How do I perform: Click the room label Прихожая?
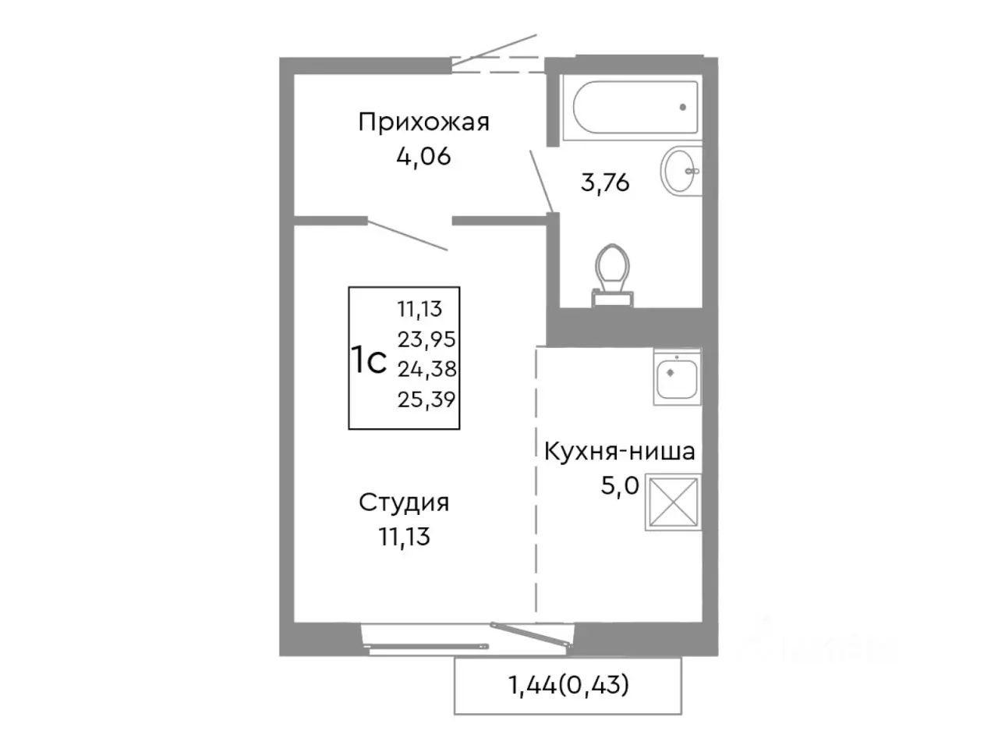423,122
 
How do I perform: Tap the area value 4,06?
423,156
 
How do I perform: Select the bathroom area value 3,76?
605,183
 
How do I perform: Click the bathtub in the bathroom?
635,108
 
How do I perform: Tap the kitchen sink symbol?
676,377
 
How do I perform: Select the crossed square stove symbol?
673,502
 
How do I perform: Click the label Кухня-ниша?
619,451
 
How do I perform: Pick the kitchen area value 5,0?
619,486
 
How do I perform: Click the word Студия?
404,502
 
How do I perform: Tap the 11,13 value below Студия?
404,537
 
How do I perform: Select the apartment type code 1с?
368,360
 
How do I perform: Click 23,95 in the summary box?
426,339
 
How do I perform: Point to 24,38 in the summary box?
426,368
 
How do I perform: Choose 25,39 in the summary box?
426,399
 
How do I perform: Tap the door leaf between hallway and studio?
407,236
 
